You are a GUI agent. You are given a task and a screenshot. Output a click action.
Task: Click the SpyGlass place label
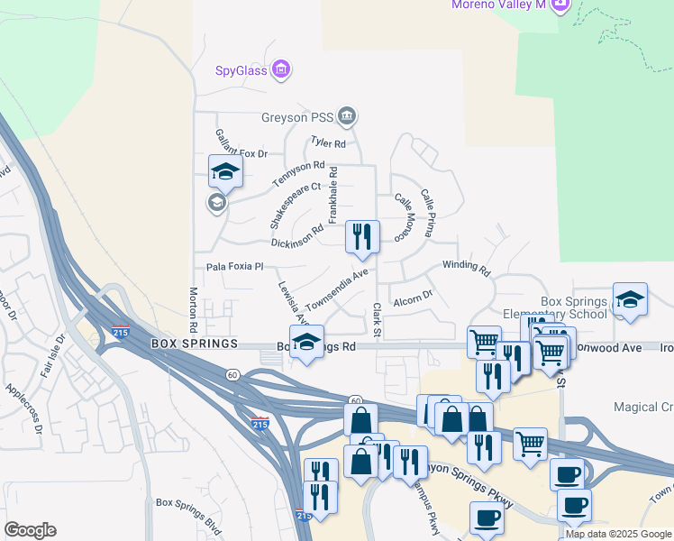tap(241, 70)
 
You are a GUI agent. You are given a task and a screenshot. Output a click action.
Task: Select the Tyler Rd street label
tap(328, 142)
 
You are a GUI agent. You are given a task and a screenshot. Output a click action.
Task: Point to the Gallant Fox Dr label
tap(242, 143)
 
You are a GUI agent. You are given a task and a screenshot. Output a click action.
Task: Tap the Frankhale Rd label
tap(333, 195)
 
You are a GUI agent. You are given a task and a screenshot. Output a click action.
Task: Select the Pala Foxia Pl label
tap(234, 267)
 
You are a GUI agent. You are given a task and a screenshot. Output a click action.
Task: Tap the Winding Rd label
tap(466, 268)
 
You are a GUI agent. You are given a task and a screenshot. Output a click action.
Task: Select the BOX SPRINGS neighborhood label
tap(194, 344)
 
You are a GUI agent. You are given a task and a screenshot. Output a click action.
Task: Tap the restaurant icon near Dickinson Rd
tap(363, 235)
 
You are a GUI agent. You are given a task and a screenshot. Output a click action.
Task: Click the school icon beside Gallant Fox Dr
tap(225, 171)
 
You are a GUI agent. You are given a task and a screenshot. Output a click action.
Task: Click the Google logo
tap(30, 530)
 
